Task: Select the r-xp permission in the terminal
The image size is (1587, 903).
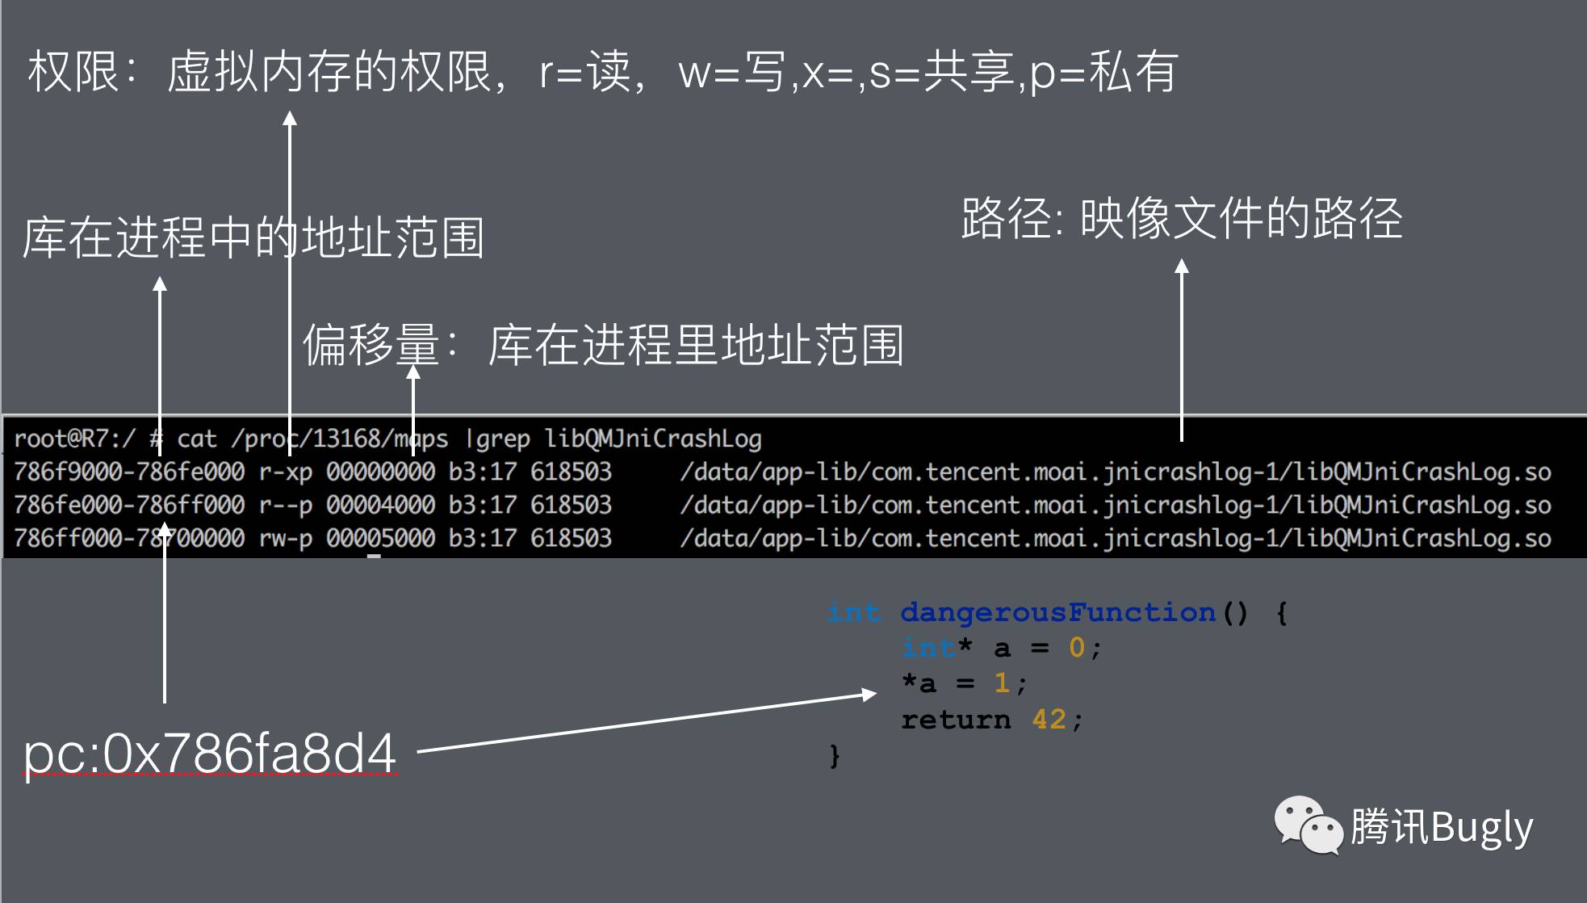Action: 285,472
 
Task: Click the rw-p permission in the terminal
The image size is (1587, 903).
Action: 285,538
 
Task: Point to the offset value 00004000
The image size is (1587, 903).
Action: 380,505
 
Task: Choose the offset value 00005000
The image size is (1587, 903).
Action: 380,538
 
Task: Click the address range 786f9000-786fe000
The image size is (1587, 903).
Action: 129,472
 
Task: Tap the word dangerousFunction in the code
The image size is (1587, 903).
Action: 1057,612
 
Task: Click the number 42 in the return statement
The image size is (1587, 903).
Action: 1049,719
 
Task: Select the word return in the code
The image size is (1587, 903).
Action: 956,719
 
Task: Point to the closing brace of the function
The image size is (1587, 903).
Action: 835,756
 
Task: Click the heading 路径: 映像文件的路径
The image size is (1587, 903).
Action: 1181,218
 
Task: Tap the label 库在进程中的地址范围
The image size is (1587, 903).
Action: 253,237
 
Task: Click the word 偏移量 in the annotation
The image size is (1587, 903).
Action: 371,345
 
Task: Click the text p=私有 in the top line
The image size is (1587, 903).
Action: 1103,71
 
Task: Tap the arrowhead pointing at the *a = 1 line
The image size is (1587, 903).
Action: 869,694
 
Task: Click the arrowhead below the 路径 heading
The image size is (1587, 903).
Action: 1181,266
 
